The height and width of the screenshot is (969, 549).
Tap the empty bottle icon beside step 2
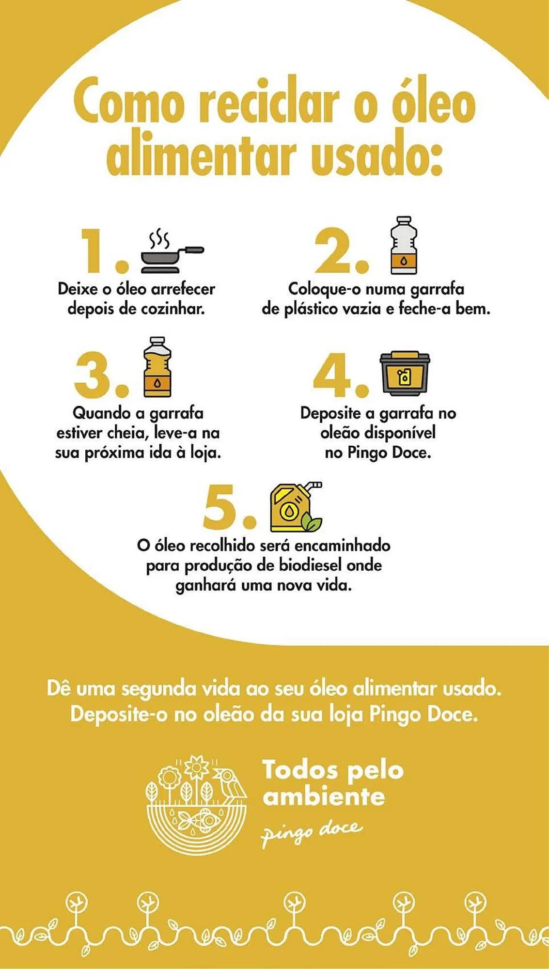click(403, 246)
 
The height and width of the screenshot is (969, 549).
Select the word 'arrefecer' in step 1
click(183, 289)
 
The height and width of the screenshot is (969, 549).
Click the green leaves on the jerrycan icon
click(311, 523)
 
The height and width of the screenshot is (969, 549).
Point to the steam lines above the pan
click(158, 238)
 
